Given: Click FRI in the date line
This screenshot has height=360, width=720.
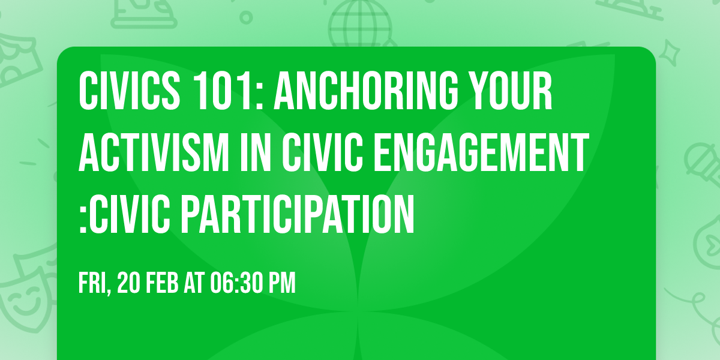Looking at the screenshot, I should pyautogui.click(x=93, y=284).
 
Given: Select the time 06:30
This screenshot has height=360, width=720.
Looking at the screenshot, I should pyautogui.click(x=235, y=284).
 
